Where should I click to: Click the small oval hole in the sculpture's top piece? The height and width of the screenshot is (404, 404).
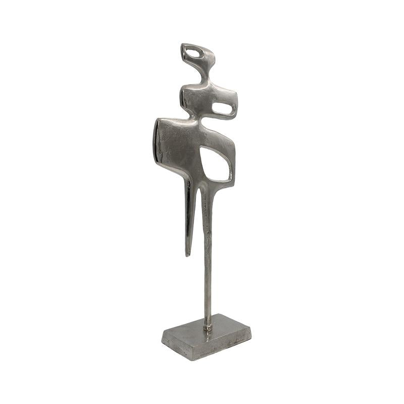click(192, 50)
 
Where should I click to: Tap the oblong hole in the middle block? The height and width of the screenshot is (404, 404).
click(222, 108)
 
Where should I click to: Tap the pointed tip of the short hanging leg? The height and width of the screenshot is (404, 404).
click(188, 254)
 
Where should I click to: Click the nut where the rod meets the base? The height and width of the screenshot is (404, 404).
click(208, 327)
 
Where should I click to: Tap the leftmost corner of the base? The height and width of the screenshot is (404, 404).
click(162, 337)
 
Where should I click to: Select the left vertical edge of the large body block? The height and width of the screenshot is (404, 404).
click(156, 141)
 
